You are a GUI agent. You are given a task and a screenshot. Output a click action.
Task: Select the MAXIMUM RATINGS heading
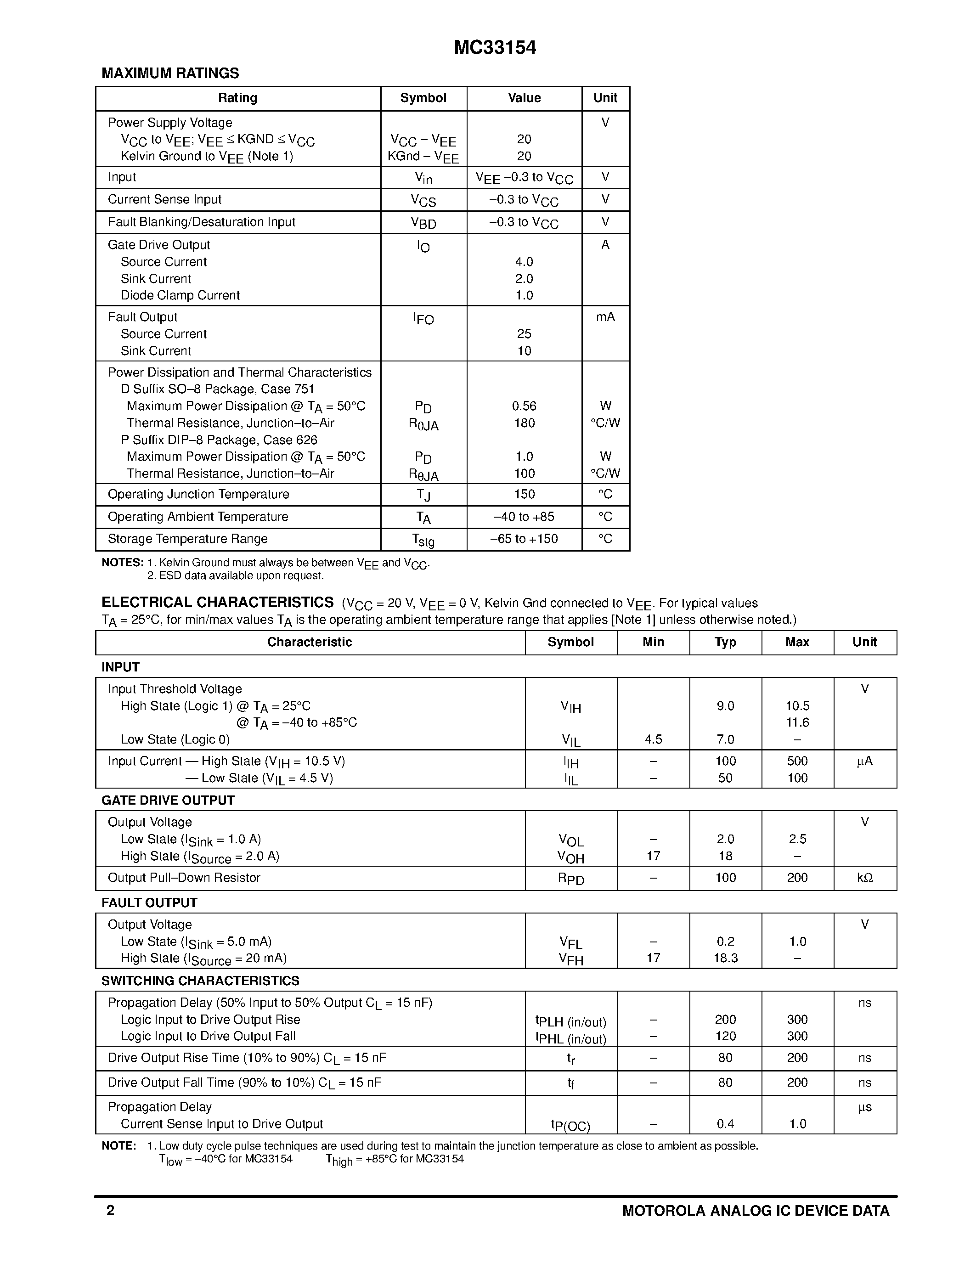(x=170, y=73)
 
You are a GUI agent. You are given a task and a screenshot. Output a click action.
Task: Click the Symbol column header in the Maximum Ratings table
(x=423, y=98)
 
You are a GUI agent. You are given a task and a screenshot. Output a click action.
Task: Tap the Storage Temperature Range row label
(x=187, y=539)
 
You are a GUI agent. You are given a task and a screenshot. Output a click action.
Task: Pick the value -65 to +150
(x=524, y=539)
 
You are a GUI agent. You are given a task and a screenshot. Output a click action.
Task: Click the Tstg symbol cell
(x=423, y=540)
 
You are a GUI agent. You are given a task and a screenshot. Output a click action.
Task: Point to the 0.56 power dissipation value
(x=524, y=406)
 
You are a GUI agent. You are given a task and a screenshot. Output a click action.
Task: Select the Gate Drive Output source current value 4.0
(x=524, y=262)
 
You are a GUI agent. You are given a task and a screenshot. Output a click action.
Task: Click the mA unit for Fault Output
(x=605, y=317)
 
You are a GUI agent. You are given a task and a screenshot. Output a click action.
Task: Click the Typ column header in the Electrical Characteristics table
(x=725, y=642)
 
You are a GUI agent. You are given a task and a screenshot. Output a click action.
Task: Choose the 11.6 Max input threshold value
(x=797, y=722)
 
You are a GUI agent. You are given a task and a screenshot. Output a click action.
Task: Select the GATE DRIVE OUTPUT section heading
(x=168, y=801)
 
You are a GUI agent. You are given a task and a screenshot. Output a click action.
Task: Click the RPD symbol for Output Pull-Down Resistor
(x=571, y=879)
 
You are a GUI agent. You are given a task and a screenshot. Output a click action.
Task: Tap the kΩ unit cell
(x=864, y=878)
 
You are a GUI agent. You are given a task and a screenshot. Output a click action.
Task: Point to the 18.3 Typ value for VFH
(x=725, y=958)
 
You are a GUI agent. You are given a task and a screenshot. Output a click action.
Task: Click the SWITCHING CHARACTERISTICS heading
(x=200, y=981)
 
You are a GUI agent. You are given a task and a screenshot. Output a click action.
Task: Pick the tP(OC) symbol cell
(x=571, y=1125)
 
